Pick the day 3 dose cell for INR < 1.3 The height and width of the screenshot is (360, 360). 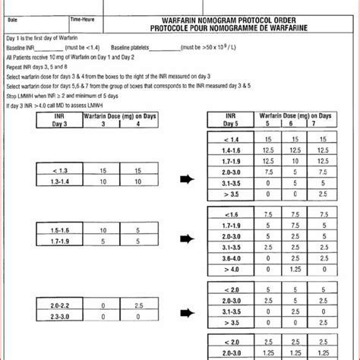pos(102,172)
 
